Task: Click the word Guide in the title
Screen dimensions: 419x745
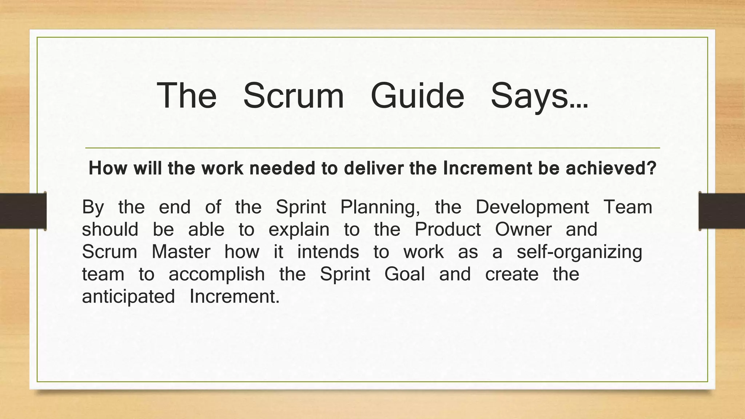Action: [x=417, y=96]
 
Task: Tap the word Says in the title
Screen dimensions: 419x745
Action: [x=539, y=96]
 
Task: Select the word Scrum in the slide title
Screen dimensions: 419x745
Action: [x=293, y=96]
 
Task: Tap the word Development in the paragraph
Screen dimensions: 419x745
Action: [x=532, y=208]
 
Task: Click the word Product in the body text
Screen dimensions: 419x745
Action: [x=447, y=230]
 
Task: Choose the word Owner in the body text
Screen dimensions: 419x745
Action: [x=523, y=230]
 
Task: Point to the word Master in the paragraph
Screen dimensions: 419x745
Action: [x=181, y=252]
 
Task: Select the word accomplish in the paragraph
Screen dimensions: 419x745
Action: [x=217, y=275]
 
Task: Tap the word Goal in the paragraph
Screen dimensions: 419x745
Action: [x=405, y=274]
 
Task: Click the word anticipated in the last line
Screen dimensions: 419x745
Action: [x=128, y=297]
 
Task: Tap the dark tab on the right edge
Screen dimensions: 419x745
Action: [x=722, y=211]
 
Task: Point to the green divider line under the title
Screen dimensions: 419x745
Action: [x=372, y=148]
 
